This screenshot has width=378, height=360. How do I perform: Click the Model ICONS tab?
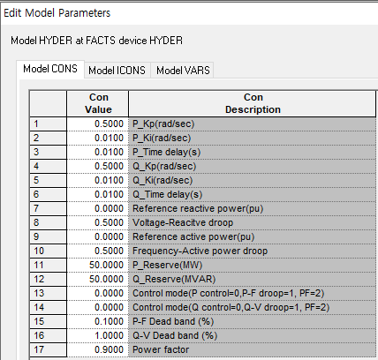(x=117, y=71)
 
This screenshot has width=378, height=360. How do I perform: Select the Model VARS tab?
(x=183, y=71)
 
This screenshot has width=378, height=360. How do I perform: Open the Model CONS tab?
(x=50, y=69)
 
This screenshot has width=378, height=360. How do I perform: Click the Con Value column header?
(x=98, y=103)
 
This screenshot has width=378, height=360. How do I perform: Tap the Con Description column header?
(x=253, y=103)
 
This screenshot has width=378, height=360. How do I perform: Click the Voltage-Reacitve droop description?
(x=183, y=222)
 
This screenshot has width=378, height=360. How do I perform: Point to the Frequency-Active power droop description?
(x=200, y=251)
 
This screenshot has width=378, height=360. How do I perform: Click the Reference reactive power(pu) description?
(x=198, y=208)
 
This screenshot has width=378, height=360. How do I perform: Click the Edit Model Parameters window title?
(x=57, y=13)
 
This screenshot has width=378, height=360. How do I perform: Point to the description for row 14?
(x=231, y=307)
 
